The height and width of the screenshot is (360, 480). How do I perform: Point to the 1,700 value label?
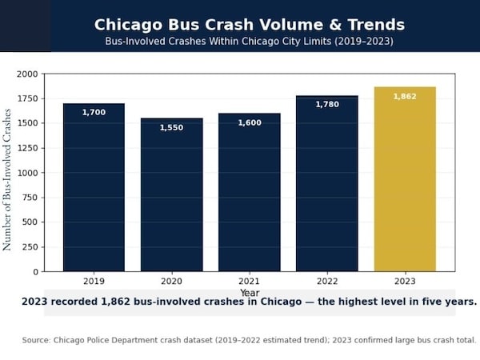click(94, 113)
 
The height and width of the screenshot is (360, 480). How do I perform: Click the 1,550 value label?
click(171, 128)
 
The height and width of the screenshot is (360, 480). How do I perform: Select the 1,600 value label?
click(250, 122)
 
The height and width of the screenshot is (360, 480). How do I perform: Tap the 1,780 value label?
click(327, 105)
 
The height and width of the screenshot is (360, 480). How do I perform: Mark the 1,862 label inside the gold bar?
click(405, 97)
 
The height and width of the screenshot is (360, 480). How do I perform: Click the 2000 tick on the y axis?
click(27, 74)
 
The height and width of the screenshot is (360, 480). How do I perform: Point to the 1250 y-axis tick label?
click(27, 148)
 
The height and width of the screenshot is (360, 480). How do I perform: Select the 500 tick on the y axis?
click(30, 222)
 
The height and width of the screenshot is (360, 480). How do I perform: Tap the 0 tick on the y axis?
click(35, 272)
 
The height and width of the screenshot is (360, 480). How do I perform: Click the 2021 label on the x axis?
click(250, 282)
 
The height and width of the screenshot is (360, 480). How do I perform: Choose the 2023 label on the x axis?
click(405, 282)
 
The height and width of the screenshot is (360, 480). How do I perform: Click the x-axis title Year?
click(250, 293)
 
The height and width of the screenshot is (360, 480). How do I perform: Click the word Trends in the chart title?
click(370, 25)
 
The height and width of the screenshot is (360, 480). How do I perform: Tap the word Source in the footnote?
click(36, 340)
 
